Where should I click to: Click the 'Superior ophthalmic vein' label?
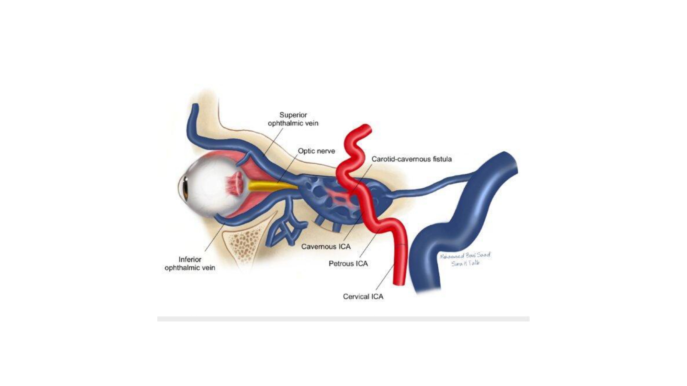click(x=293, y=119)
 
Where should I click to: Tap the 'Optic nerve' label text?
click(x=316, y=151)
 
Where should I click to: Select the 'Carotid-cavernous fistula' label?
click(x=412, y=159)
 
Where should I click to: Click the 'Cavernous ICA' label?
click(x=326, y=247)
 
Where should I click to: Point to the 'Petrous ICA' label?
click(x=348, y=264)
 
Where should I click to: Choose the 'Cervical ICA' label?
click(x=363, y=296)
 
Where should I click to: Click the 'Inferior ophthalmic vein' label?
click(x=190, y=264)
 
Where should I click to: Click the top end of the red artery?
click(x=367, y=128)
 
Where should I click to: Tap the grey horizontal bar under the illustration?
click(x=343, y=319)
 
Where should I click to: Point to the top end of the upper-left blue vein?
click(x=195, y=107)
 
